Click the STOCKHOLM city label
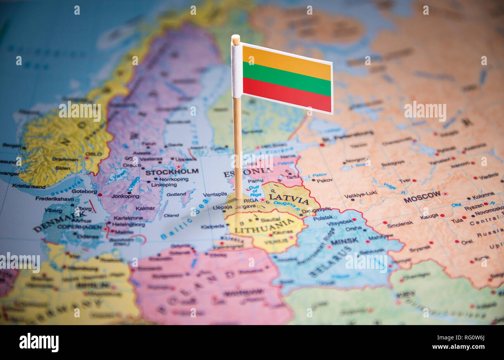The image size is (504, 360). (x=172, y=171)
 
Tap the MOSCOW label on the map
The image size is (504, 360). (x=422, y=197)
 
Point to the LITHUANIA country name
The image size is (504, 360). (x=265, y=227)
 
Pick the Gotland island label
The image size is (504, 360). (x=176, y=194)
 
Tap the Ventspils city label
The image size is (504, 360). (x=215, y=194)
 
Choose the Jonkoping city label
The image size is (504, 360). (x=125, y=196)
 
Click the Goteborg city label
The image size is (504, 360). (x=84, y=191)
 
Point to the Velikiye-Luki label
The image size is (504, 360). (x=360, y=193)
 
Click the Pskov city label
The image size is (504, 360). (x=324, y=180)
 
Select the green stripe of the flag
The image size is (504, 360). (x=287, y=78)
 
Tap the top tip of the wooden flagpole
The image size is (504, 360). (x=235, y=37)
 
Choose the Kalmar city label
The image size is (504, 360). (x=145, y=208)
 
